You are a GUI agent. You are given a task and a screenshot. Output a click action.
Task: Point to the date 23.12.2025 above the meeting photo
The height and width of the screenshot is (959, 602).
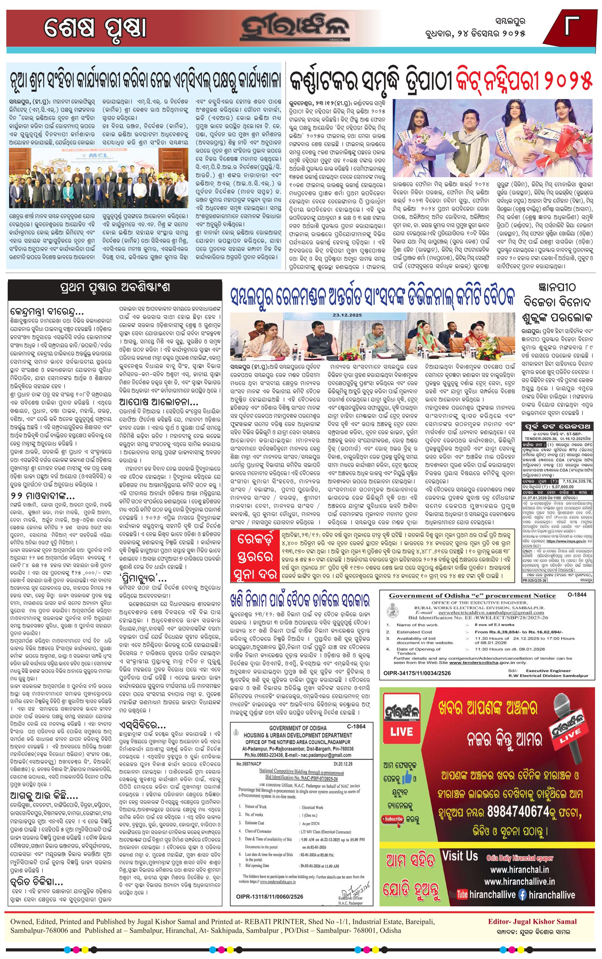point(347,315)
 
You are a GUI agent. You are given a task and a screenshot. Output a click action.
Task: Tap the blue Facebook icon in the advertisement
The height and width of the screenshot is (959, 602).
point(522,895)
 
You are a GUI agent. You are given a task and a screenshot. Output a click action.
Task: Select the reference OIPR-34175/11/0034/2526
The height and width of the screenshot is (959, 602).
point(417,673)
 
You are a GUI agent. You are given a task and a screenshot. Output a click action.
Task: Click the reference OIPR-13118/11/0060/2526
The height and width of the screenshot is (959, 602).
point(269,897)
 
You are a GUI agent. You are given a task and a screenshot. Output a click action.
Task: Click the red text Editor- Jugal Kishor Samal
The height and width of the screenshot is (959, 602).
point(532,922)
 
